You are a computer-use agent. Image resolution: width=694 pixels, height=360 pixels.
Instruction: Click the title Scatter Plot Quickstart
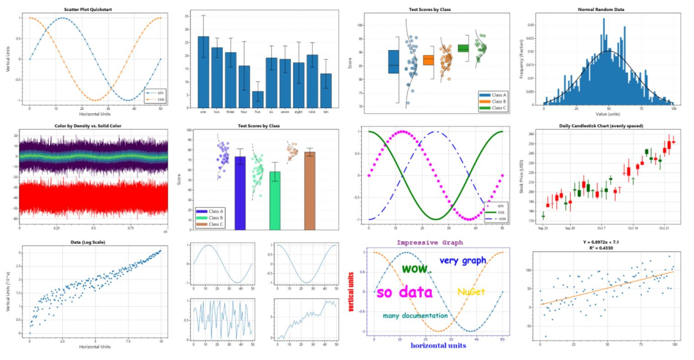coord(90,10)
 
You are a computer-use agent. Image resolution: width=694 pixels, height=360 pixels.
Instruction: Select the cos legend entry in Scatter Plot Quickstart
coord(152,100)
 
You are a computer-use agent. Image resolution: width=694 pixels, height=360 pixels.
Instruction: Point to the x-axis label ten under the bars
coord(326,112)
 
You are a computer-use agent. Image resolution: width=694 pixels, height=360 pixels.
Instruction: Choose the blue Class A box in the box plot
coord(393,62)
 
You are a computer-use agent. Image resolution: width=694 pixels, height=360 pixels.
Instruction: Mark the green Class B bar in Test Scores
coord(275,200)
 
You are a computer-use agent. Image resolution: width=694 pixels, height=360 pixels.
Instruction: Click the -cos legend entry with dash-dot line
coord(493,219)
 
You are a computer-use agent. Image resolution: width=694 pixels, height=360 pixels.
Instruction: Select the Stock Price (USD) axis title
coord(531,175)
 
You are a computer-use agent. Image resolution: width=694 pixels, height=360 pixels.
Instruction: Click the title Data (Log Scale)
coord(90,242)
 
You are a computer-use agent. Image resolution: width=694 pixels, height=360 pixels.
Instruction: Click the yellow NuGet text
coord(470,292)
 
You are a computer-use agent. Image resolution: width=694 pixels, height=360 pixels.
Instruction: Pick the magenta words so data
coord(404,292)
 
